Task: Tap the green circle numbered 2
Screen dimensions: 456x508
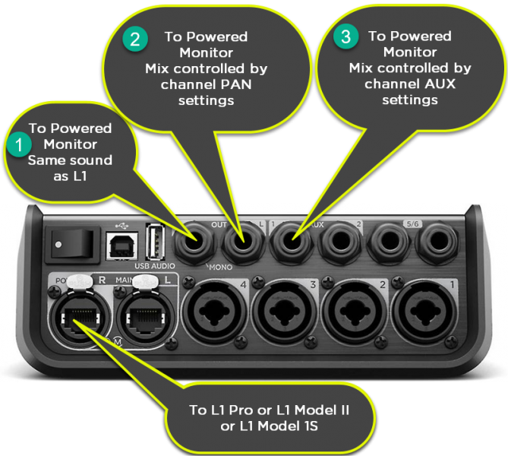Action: click(134, 40)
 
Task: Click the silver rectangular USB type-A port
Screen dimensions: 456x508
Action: click(155, 243)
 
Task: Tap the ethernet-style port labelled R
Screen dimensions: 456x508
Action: click(77, 312)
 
